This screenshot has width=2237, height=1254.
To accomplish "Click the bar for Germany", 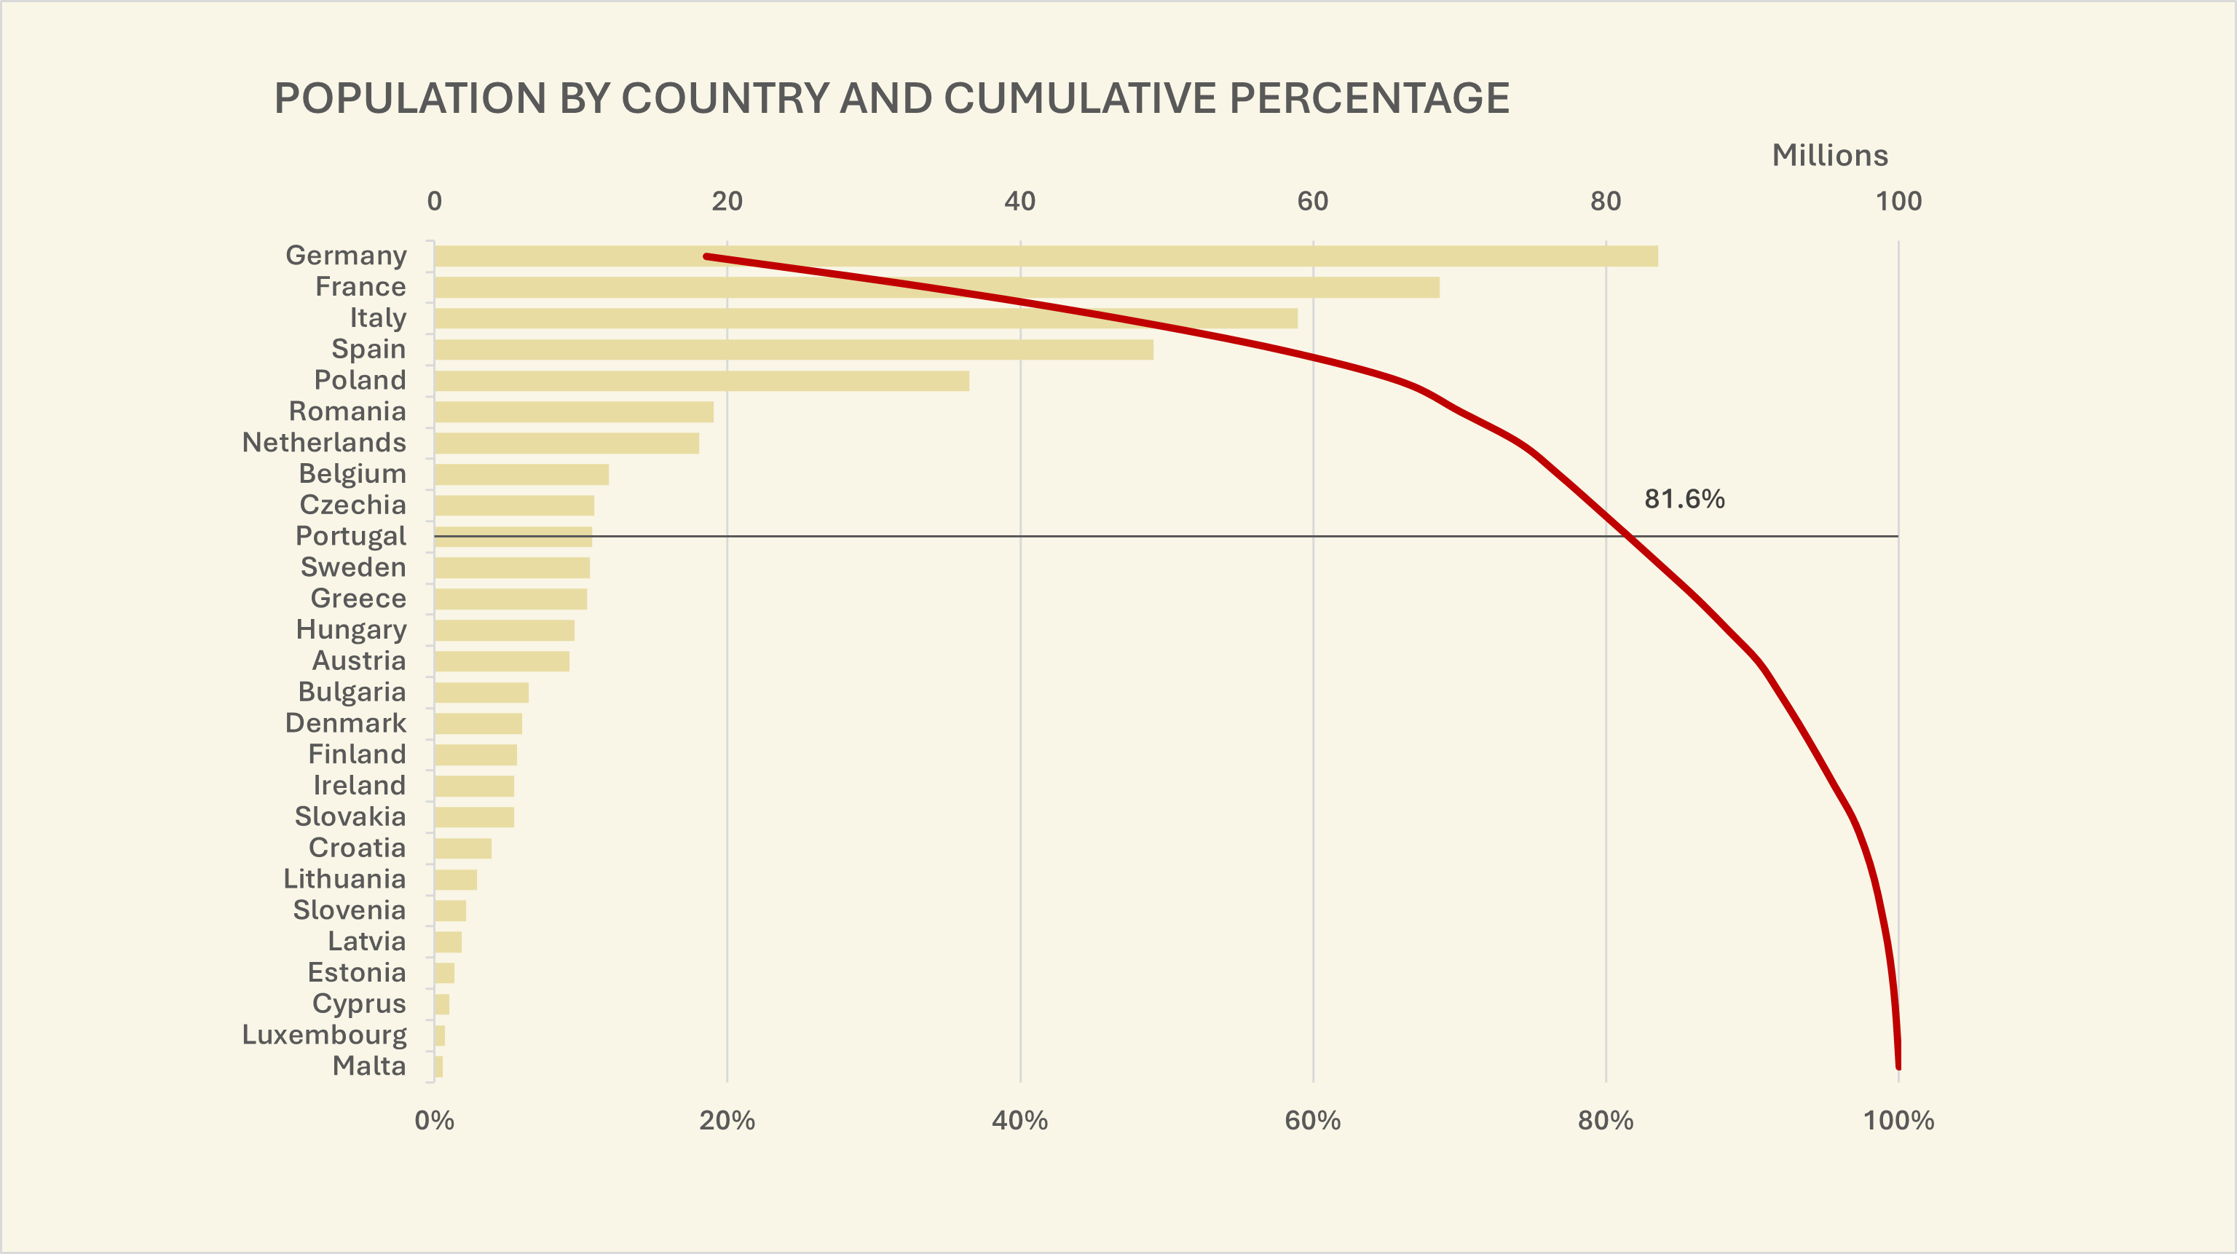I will [1042, 256].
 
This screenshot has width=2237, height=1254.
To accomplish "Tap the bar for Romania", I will [573, 411].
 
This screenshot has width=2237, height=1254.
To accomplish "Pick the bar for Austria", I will [502, 662].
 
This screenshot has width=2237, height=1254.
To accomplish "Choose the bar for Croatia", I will [463, 848].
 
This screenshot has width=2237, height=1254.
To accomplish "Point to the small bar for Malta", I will [438, 1066].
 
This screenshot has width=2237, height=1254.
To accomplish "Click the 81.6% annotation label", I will [1684, 499].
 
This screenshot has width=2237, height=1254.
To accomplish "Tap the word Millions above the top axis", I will [1830, 155].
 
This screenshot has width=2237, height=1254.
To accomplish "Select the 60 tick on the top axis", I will [1312, 202].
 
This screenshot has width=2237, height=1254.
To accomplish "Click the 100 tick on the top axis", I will [1898, 202].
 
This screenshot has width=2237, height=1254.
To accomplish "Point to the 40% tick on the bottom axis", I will [1019, 1120].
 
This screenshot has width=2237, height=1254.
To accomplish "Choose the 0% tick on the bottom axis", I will [434, 1120].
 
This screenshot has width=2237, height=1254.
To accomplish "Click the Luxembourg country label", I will [324, 1035].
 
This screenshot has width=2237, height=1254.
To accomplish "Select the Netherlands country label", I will [324, 443].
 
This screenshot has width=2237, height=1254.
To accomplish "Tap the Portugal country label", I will [351, 536].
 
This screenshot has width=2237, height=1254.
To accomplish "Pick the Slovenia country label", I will [349, 910].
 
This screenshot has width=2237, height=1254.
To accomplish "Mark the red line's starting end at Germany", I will [706, 256].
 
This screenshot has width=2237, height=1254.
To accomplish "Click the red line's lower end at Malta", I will [1898, 1065].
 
